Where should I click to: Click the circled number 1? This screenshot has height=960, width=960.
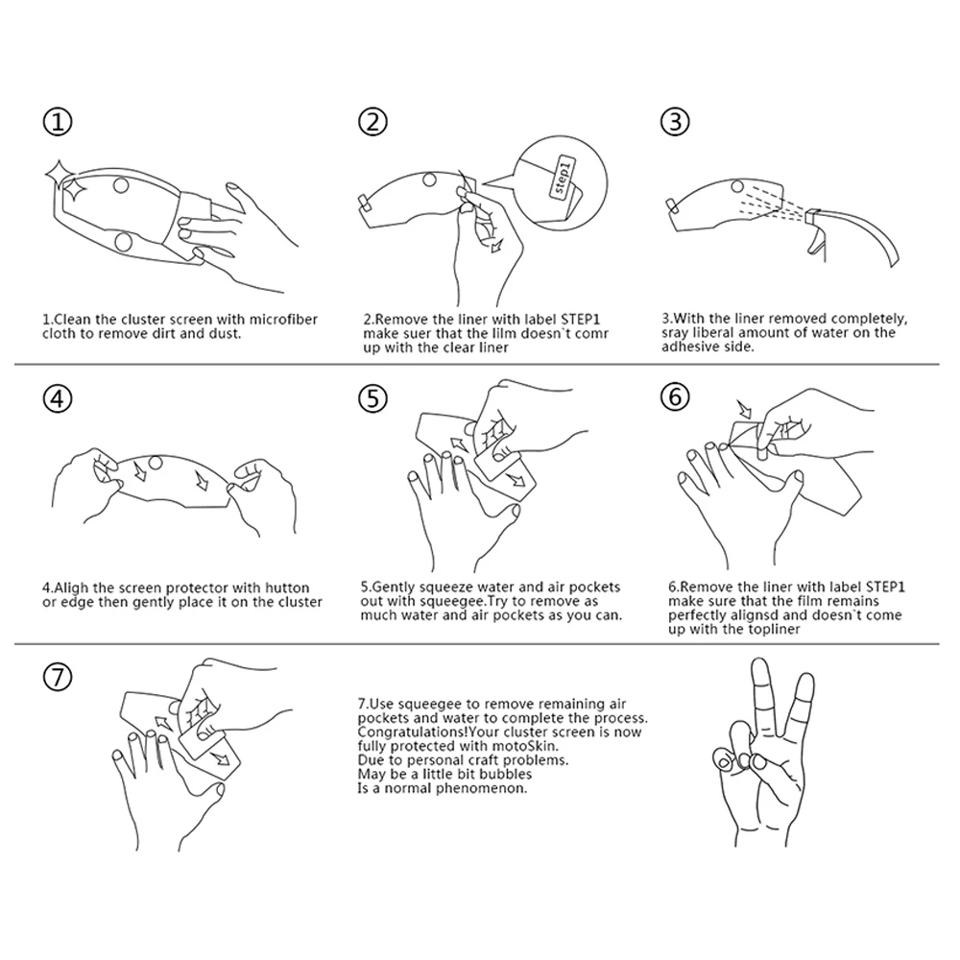[x=58, y=121]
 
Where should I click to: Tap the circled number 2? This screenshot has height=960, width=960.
[x=372, y=121]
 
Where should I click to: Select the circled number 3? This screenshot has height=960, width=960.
[x=675, y=121]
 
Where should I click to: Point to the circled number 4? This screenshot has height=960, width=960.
[x=58, y=398]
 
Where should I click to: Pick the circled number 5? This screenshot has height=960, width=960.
[x=372, y=398]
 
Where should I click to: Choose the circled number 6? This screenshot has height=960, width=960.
[x=675, y=396]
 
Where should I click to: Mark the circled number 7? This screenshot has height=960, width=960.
[x=58, y=678]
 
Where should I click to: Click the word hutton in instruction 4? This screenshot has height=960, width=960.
[x=287, y=588]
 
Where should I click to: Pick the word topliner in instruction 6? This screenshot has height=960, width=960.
[x=774, y=630]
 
